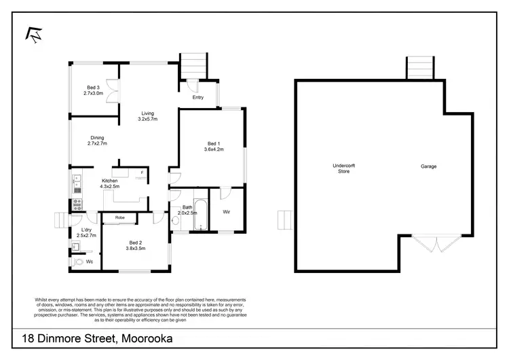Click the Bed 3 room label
tap(93, 88)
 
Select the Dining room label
tap(97, 138)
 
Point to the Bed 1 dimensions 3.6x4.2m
tap(214, 149)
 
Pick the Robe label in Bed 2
tap(119, 217)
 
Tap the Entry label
tap(198, 98)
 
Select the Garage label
tap(428, 166)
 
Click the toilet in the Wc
tap(79, 262)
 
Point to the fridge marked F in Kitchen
tap(142, 173)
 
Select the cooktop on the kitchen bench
tap(77, 202)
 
